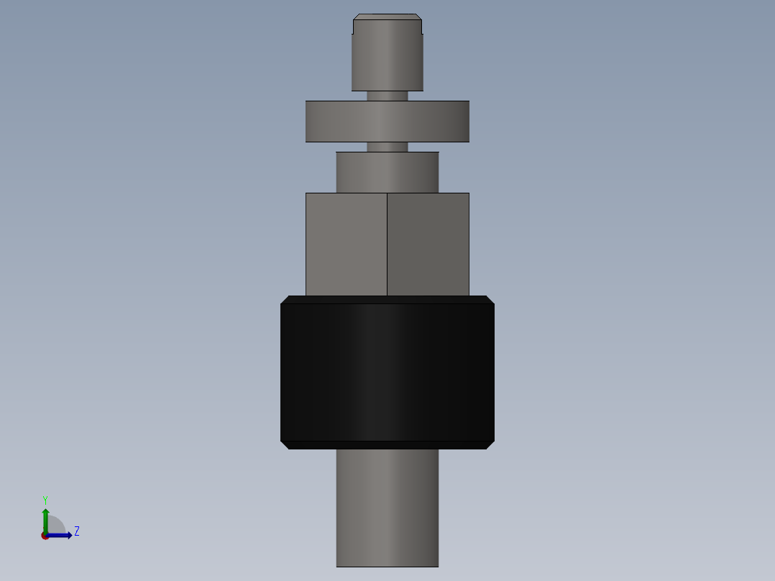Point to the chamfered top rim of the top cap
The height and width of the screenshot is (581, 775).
(387, 17)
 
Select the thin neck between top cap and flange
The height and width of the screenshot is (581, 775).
(387, 96)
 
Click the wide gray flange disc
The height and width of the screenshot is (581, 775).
(387, 121)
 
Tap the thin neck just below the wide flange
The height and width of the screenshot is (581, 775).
(387, 147)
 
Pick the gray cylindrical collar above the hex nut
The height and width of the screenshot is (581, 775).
(387, 172)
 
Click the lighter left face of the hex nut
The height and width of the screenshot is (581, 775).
(346, 244)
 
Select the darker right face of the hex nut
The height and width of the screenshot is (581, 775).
(428, 244)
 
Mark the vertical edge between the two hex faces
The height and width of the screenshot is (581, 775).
(387, 244)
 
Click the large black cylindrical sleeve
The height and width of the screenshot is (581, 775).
(387, 372)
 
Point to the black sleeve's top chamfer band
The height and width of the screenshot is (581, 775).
(387, 299)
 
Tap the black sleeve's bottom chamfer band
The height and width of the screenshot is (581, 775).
(387, 445)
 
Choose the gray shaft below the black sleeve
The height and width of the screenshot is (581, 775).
(387, 507)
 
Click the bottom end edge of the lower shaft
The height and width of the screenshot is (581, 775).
(387, 567)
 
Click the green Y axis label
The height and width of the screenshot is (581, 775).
(45, 500)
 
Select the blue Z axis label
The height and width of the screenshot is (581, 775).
(77, 531)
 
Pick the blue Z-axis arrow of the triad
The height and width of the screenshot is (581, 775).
(62, 535)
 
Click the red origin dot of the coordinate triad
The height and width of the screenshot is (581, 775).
(45, 536)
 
